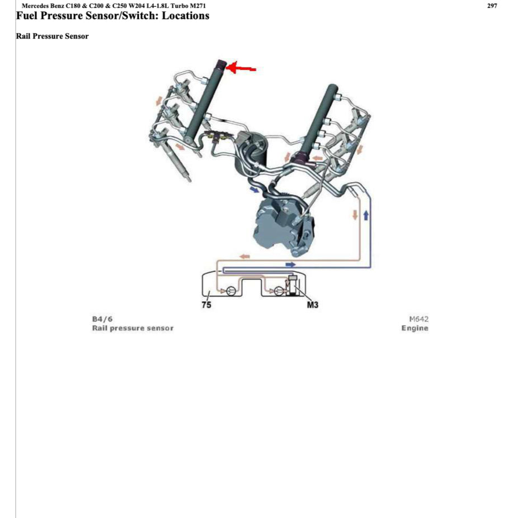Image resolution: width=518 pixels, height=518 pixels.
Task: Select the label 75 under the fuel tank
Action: (x=206, y=305)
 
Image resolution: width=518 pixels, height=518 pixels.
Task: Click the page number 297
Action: (x=492, y=6)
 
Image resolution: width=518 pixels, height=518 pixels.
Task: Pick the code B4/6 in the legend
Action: (x=102, y=319)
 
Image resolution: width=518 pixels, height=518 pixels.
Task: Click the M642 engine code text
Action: (x=418, y=319)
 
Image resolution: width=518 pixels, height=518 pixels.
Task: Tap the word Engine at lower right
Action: (x=415, y=328)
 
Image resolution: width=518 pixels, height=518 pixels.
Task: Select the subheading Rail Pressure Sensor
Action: (x=53, y=36)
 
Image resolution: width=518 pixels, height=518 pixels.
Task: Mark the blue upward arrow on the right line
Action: (x=366, y=215)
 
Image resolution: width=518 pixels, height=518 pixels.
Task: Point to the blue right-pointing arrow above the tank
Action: (x=290, y=263)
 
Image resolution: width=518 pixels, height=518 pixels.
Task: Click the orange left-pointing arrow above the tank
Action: (x=245, y=256)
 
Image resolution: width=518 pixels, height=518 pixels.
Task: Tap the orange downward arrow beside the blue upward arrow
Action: (x=355, y=215)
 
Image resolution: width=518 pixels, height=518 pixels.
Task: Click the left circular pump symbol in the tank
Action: (x=230, y=291)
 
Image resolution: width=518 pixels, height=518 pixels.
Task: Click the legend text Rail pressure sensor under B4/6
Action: (x=133, y=328)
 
